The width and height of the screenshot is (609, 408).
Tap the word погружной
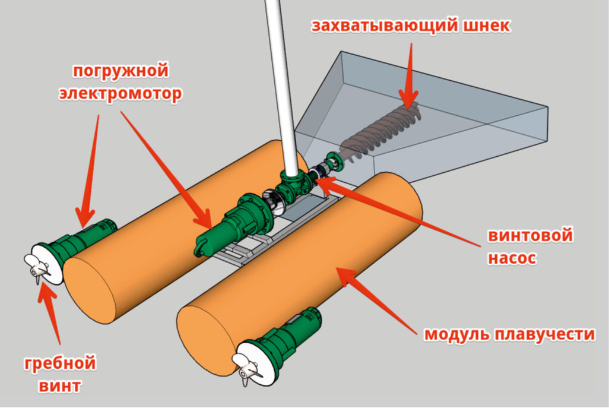[x=120, y=71]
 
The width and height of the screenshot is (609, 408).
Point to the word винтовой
[x=530, y=236]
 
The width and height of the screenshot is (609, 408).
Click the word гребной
[x=60, y=363]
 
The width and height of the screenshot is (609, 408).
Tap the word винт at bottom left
[x=60, y=386]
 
